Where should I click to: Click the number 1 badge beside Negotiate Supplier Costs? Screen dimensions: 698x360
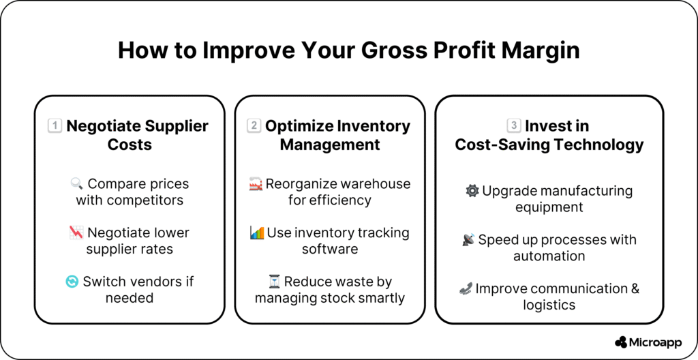pyautogui.click(x=55, y=126)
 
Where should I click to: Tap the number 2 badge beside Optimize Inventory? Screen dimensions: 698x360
pyautogui.click(x=254, y=126)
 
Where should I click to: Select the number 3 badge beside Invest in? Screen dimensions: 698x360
pyautogui.click(x=514, y=126)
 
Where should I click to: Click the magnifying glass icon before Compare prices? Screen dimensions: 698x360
pyautogui.click(x=76, y=183)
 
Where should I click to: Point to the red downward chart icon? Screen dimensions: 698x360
pyautogui.click(x=76, y=232)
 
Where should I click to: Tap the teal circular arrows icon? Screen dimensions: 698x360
pyautogui.click(x=72, y=282)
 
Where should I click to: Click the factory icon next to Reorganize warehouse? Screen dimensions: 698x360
pyautogui.click(x=256, y=183)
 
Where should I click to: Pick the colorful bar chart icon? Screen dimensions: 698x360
pyautogui.click(x=257, y=232)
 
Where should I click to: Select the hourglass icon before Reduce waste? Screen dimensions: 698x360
pyautogui.click(x=274, y=282)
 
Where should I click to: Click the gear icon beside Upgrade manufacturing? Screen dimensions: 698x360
pyautogui.click(x=472, y=191)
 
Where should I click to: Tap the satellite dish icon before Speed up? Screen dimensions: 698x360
pyautogui.click(x=468, y=240)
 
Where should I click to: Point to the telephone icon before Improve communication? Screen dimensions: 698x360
pyautogui.click(x=466, y=288)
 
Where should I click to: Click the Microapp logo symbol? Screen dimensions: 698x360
pyautogui.click(x=621, y=342)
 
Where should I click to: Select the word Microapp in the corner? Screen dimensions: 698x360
pyautogui.click(x=656, y=342)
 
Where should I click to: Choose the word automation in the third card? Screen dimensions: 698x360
pyautogui.click(x=549, y=256)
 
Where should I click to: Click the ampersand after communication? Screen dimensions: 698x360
pyautogui.click(x=635, y=288)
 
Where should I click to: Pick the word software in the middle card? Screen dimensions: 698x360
pyautogui.click(x=330, y=249)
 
